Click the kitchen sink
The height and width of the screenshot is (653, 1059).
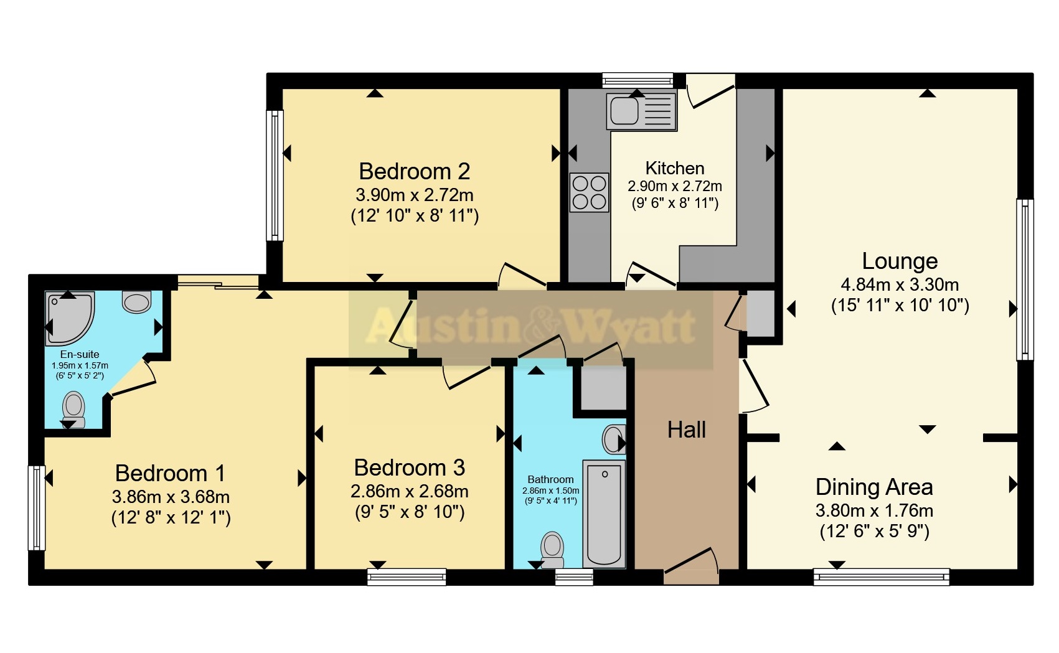pyautogui.click(x=642, y=111)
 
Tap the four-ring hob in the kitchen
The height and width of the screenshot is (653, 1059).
pyautogui.click(x=589, y=192)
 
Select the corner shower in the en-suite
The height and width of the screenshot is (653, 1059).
pyautogui.click(x=68, y=317)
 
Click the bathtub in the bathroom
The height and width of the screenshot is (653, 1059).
pyautogui.click(x=604, y=513)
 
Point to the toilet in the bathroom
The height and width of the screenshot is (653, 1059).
pyautogui.click(x=552, y=548)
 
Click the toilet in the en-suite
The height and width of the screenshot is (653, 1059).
pyautogui.click(x=74, y=406)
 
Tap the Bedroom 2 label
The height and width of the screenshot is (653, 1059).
pyautogui.click(x=414, y=171)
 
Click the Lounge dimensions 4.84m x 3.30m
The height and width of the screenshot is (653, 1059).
pyautogui.click(x=900, y=284)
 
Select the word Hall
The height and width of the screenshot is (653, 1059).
pyautogui.click(x=686, y=430)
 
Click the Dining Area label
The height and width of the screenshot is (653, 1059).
pyautogui.click(x=873, y=487)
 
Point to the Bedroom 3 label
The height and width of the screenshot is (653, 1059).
pyautogui.click(x=409, y=467)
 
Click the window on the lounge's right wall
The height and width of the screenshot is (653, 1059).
pyautogui.click(x=1024, y=280)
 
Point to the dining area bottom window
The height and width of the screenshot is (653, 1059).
pyautogui.click(x=881, y=577)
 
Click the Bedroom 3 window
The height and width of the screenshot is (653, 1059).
pyautogui.click(x=407, y=577)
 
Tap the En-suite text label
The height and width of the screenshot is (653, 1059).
pyautogui.click(x=80, y=354)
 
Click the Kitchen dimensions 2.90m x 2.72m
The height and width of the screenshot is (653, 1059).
pyautogui.click(x=674, y=186)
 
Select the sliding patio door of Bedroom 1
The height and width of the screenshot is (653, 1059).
pyautogui.click(x=218, y=283)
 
